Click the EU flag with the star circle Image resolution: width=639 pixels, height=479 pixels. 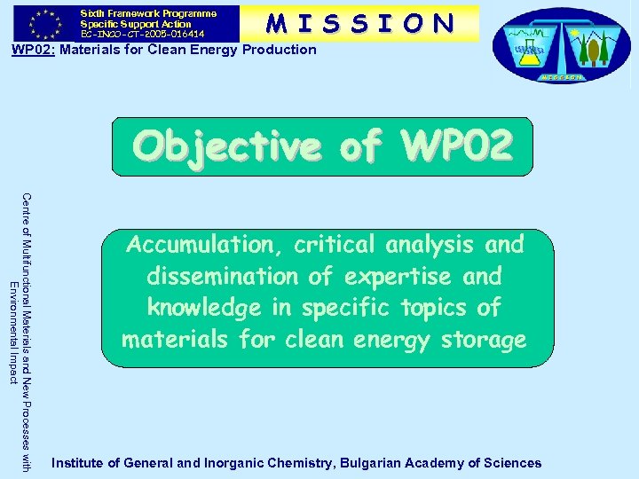pos(41,23)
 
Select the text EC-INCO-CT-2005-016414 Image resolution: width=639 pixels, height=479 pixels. pos(142,34)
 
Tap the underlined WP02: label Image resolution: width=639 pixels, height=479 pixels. pos(33,50)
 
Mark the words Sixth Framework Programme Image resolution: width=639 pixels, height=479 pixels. pos(148,13)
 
